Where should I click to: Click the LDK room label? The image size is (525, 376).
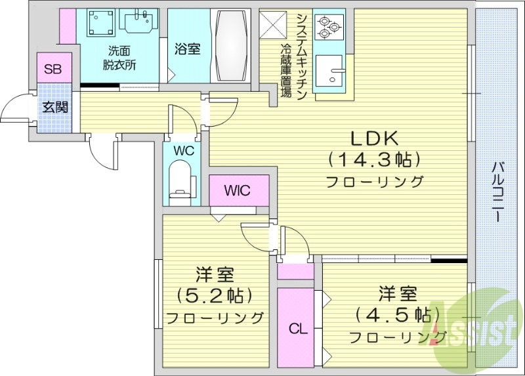point(375,138)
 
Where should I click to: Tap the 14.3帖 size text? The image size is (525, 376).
point(375,159)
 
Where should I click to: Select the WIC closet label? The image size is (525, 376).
point(238,191)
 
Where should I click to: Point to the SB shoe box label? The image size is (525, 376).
point(52,70)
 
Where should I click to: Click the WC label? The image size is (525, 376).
point(183,150)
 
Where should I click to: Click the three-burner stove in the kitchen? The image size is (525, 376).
point(328,26)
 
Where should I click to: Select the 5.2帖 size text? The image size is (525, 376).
point(215,295)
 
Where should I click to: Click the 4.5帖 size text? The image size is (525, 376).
point(394,314)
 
